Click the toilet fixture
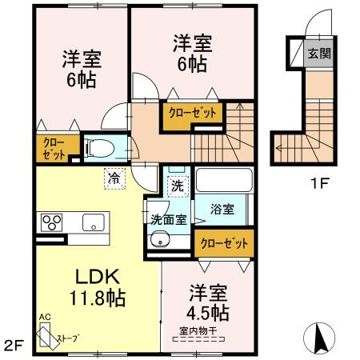click(99, 148)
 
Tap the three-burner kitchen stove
click(52, 222)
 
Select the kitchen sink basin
click(94, 222)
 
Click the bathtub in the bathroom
click(224, 179)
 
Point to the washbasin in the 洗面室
click(160, 239)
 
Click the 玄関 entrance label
click(319, 54)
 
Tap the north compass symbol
click(319, 337)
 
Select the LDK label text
click(98, 277)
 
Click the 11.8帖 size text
click(98, 298)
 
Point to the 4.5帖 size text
click(208, 313)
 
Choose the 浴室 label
click(222, 210)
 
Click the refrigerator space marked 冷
click(114, 178)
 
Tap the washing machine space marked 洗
click(178, 186)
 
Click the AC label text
click(45, 318)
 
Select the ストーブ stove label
click(69, 338)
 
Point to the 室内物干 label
click(198, 331)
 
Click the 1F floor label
click(319, 183)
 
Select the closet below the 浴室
click(224, 243)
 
